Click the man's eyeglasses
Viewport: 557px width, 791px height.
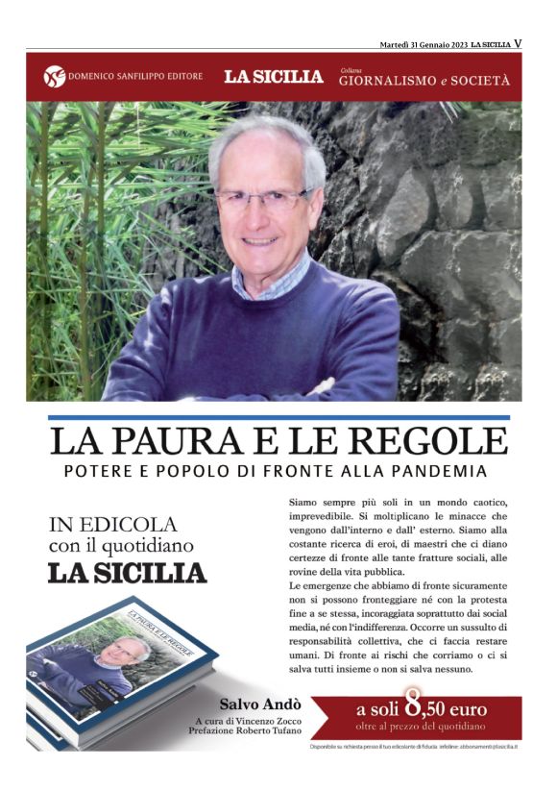pos(262,199)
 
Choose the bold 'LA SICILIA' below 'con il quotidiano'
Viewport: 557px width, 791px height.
pos(127,573)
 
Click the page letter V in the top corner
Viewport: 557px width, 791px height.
pos(518,43)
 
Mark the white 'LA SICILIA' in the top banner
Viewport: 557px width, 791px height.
pos(274,77)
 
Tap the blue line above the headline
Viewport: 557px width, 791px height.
pos(278,417)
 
